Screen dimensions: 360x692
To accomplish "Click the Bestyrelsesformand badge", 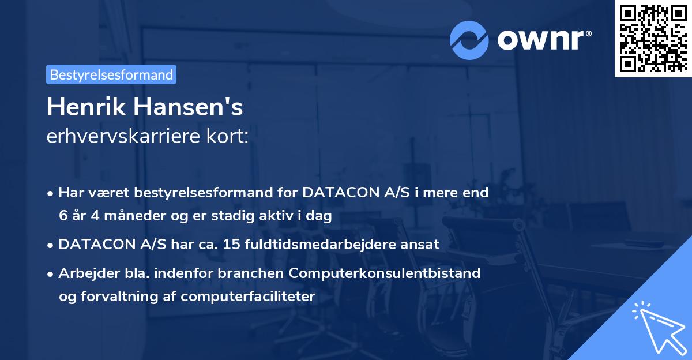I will pyautogui.click(x=111, y=74).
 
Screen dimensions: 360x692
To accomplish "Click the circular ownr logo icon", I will pyautogui.click(x=469, y=40).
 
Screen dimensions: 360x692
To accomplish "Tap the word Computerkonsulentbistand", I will pyautogui.click(x=394, y=273).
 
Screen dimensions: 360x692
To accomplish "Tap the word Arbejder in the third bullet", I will pyautogui.click(x=83, y=273).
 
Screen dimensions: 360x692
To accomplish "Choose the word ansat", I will pyautogui.click(x=422, y=245).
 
